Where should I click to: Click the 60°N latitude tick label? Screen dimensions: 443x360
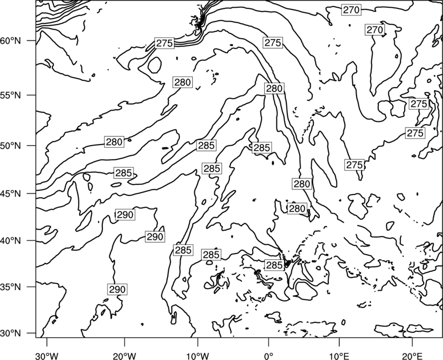coord(11,41)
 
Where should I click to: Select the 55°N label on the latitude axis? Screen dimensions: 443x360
coord(11,95)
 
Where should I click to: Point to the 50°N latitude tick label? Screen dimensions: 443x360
coord(11,146)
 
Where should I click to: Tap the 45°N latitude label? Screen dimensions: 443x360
coord(11,194)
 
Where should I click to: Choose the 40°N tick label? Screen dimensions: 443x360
coord(11,241)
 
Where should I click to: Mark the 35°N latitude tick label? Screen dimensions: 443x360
coord(11,287)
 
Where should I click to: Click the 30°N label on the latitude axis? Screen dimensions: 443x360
coord(11,333)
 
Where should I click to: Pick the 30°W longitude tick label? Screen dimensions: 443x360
coord(47,356)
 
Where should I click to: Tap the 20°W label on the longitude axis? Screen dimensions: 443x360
coord(125,356)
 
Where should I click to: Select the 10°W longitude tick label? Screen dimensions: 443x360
coord(198,356)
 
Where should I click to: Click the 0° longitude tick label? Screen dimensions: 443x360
coord(269,356)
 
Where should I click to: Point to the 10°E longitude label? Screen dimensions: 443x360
coord(339,356)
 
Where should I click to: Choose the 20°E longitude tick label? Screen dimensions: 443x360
coord(412,356)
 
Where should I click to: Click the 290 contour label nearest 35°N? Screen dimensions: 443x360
coord(117,289)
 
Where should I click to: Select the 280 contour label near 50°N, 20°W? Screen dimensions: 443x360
coord(114,142)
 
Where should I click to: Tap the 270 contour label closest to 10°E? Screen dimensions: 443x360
coord(351,10)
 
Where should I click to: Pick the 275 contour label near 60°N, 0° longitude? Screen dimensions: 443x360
coord(273,43)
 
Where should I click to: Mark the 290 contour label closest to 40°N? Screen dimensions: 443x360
coord(155,236)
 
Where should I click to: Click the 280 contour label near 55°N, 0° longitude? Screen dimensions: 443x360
coord(274,89)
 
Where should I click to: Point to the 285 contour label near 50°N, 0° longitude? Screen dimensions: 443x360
coord(262,148)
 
